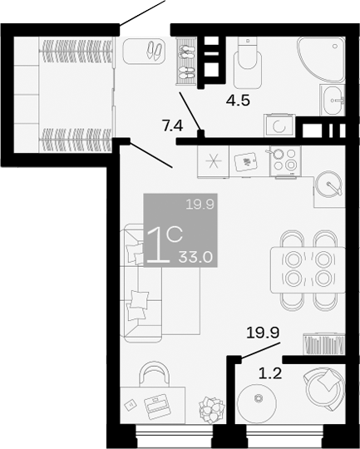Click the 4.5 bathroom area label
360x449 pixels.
pyautogui.click(x=239, y=102)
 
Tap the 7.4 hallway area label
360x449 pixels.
pyautogui.click(x=172, y=126)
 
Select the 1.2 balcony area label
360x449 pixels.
pyautogui.click(x=271, y=373)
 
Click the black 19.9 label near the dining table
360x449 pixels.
pyautogui.click(x=262, y=334)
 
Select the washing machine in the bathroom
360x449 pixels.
pyautogui.click(x=278, y=126)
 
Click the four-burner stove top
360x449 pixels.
pyautogui.click(x=284, y=160)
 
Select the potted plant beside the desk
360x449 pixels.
pyautogui.click(x=211, y=409)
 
